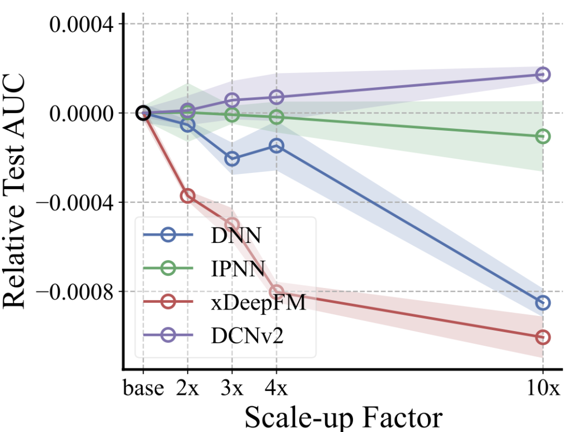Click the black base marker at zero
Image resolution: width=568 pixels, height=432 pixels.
tap(143, 112)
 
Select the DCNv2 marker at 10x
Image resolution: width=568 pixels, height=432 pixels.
tap(543, 74)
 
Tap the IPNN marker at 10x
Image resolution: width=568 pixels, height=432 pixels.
tap(543, 137)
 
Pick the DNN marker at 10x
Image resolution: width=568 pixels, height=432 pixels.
tap(543, 303)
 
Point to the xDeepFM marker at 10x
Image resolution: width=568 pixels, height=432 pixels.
tap(543, 337)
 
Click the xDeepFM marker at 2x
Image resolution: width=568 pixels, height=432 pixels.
tap(188, 196)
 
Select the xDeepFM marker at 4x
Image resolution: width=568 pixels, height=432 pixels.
tap(277, 292)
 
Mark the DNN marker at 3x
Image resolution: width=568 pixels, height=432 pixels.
tap(232, 158)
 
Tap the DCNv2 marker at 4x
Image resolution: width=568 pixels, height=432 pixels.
tap(277, 97)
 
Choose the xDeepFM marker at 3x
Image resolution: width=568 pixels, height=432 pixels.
tap(232, 225)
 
